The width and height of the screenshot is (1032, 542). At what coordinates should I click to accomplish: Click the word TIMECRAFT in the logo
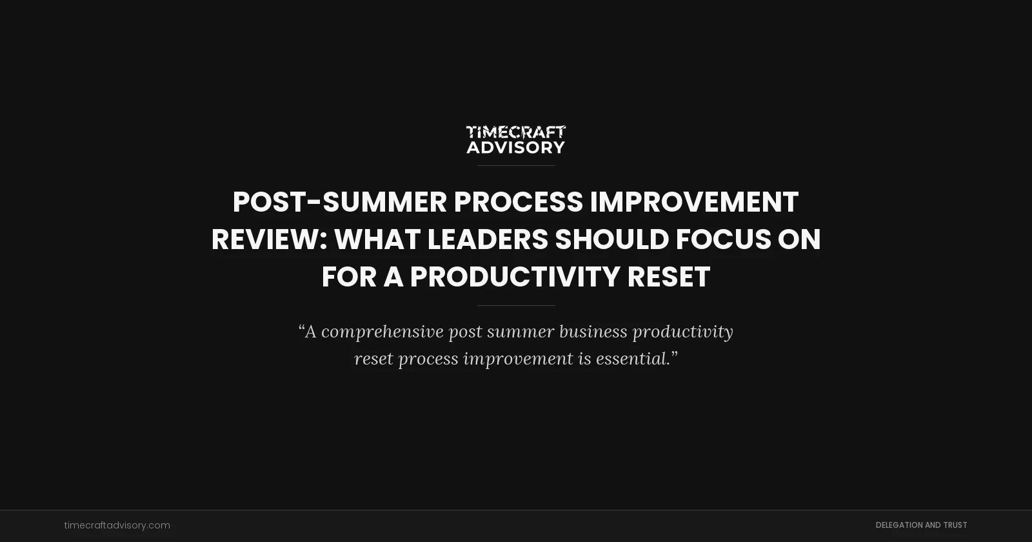click(x=516, y=132)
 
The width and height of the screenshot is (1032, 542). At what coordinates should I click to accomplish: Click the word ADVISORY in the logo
click(x=516, y=147)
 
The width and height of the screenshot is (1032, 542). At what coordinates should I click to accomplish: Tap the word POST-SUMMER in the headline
click(x=339, y=202)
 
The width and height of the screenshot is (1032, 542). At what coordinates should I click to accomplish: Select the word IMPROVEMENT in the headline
click(x=694, y=202)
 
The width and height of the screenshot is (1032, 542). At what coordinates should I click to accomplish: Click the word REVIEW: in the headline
click(x=269, y=239)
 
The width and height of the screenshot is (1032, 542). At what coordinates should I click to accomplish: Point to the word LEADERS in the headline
click(x=487, y=239)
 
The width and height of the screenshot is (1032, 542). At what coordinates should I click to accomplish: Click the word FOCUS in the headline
click(x=723, y=239)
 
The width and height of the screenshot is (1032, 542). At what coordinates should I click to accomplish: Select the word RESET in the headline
click(x=668, y=277)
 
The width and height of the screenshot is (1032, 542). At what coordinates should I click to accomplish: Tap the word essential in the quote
click(x=631, y=359)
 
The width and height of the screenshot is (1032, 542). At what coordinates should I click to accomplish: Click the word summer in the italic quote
click(x=521, y=332)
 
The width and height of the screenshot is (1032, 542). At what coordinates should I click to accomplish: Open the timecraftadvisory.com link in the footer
click(x=117, y=525)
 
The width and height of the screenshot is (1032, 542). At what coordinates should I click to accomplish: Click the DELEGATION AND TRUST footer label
click(x=921, y=525)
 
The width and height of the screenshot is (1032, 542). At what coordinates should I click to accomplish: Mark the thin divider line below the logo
click(x=516, y=166)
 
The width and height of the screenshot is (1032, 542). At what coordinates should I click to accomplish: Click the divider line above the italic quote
click(x=516, y=305)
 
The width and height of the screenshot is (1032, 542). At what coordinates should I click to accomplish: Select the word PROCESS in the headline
click(x=518, y=202)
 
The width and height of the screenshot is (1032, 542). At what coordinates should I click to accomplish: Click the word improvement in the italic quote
click(x=518, y=359)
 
